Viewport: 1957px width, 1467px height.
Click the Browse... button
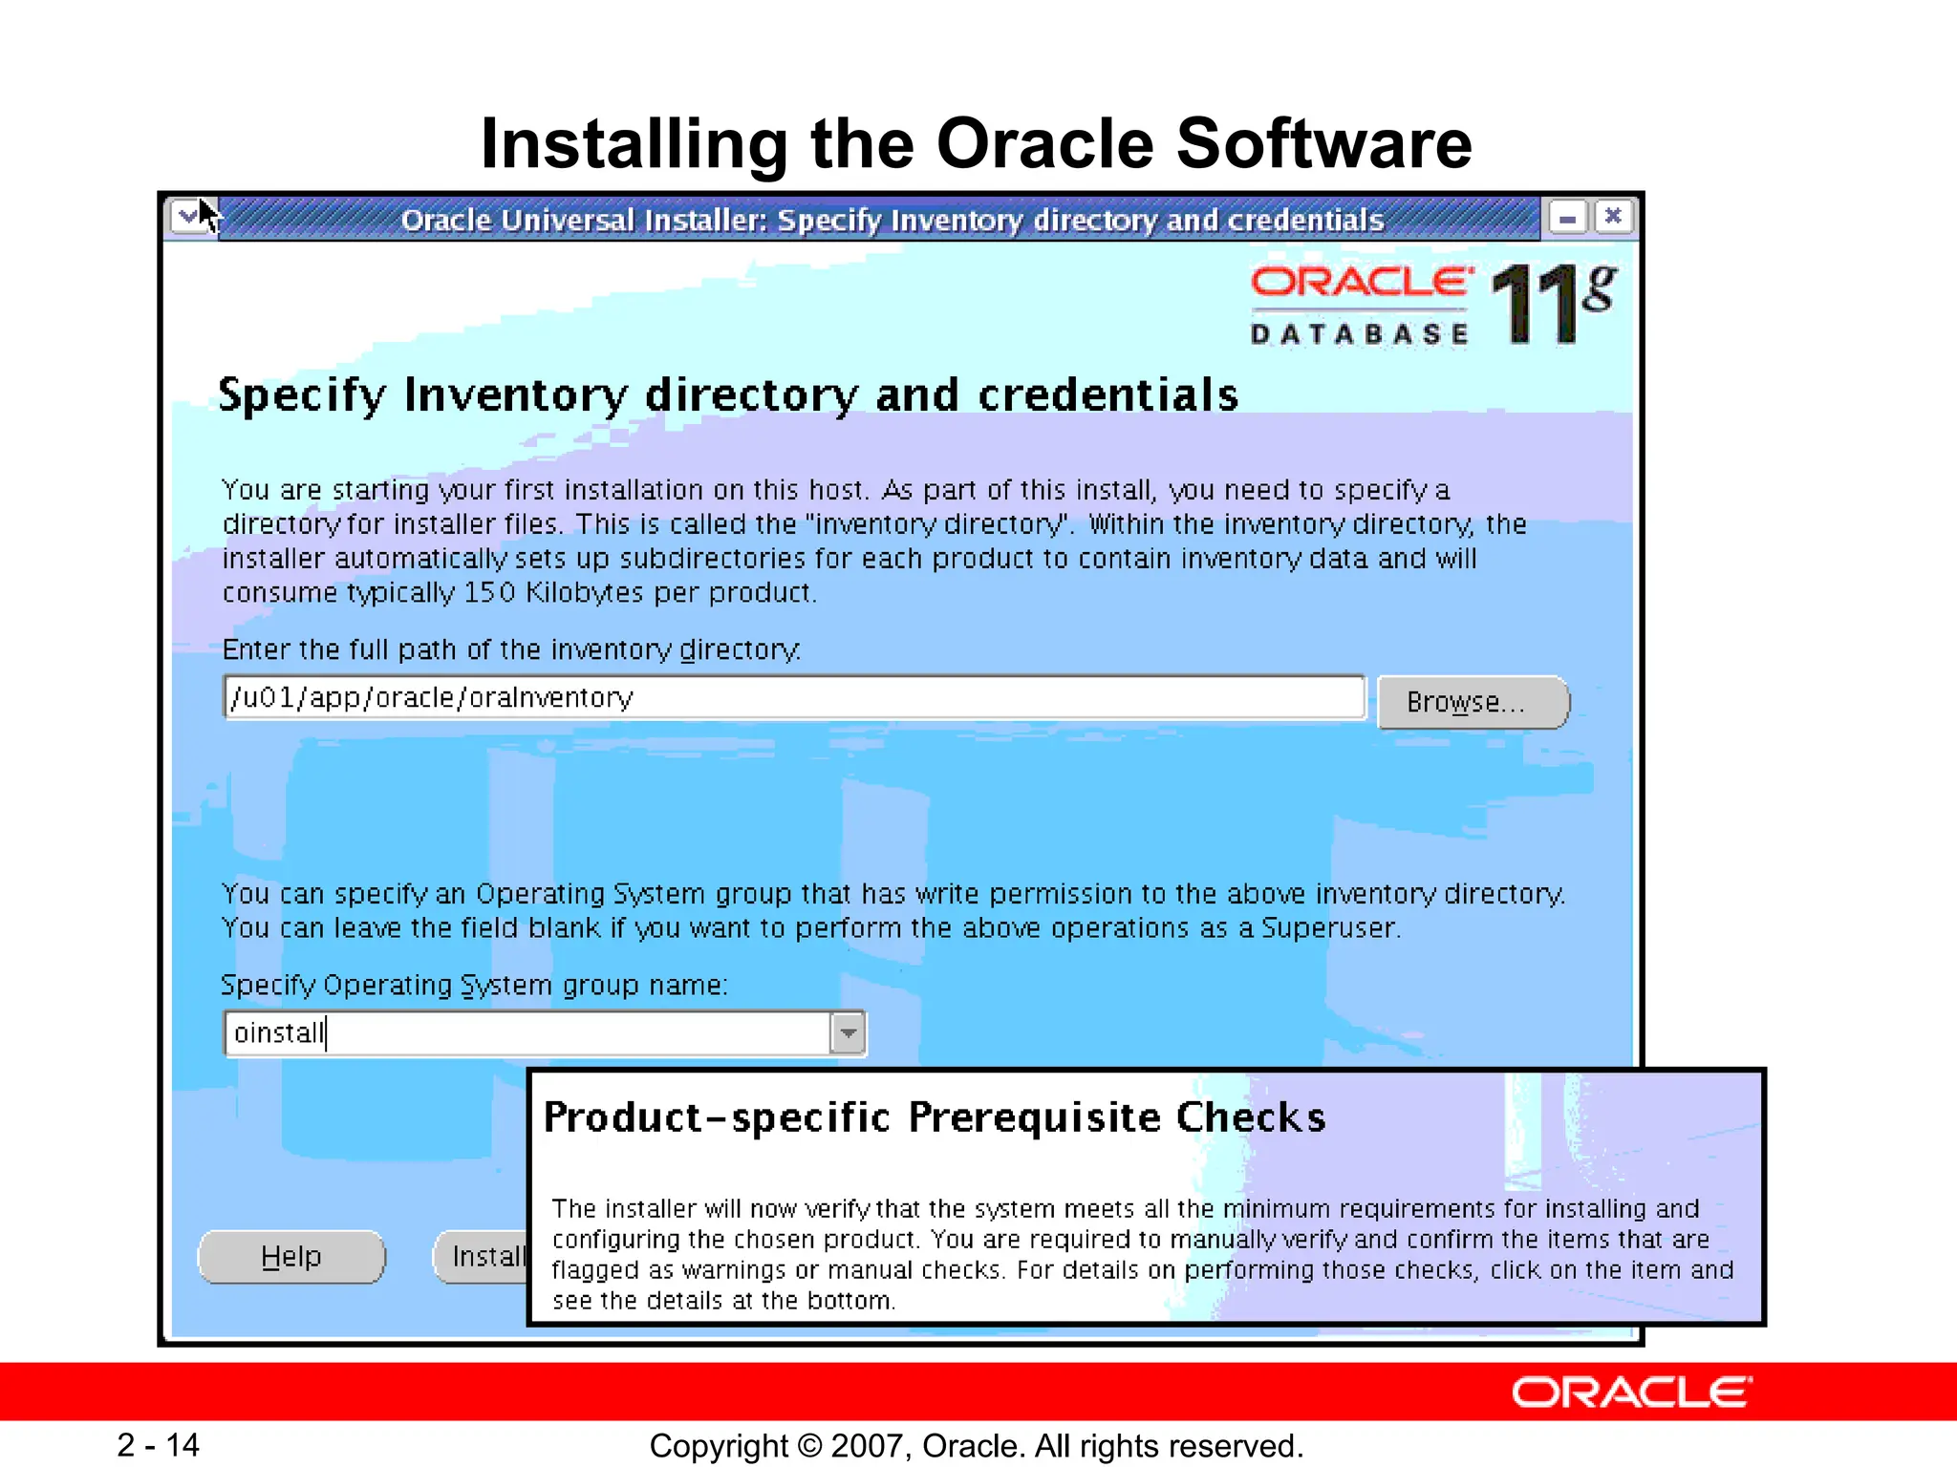coord(1472,703)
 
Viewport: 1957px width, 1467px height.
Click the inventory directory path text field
coord(793,698)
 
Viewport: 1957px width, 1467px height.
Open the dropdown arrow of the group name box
coord(848,1033)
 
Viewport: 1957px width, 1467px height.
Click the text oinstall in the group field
coord(278,1033)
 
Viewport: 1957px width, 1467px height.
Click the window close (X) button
coord(1613,217)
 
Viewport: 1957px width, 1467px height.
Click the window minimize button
coord(1567,218)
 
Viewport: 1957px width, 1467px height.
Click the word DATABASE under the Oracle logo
coord(1359,334)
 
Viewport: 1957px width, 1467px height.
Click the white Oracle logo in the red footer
coord(1631,1393)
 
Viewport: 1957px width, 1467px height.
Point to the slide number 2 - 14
coord(158,1445)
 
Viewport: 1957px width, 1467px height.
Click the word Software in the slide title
coord(1323,144)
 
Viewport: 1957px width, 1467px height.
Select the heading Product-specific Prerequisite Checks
coord(934,1117)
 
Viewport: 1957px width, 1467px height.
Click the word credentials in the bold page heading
coord(1108,395)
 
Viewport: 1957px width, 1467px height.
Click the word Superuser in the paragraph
coord(1328,928)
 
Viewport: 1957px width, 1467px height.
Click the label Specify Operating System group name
coord(473,985)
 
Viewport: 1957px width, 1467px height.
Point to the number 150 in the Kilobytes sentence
coord(489,593)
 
